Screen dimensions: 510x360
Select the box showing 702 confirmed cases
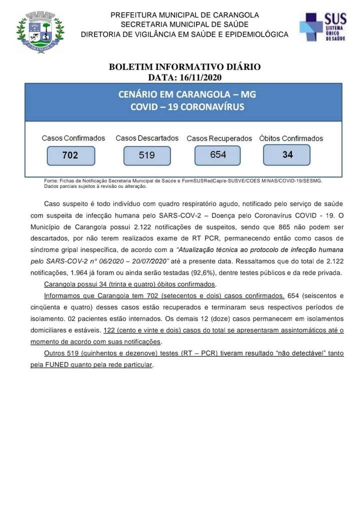pos(70,155)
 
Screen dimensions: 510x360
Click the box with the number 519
pos(147,155)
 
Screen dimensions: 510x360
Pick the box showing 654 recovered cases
pos(218,154)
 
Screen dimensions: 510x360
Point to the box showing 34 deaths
pos(287,154)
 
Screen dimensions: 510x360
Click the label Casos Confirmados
pos(73,138)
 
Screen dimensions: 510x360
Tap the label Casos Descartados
pos(147,138)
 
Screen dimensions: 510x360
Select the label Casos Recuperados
pos(219,138)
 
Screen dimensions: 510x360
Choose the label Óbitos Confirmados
pos(291,138)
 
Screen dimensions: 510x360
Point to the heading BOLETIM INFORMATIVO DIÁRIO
pos(184,67)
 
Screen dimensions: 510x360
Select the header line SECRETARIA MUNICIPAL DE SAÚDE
pos(184,24)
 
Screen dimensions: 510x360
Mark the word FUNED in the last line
pos(58,364)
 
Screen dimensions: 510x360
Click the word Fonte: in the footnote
pos(51,181)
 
